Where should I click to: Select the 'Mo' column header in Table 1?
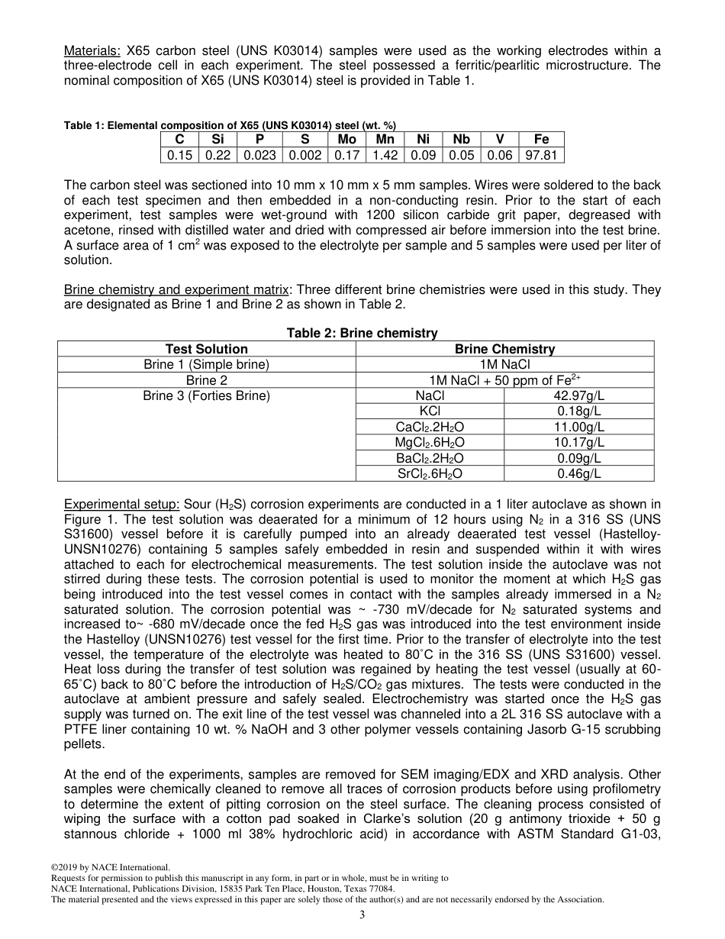(346, 139)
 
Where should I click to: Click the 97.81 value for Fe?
(541, 155)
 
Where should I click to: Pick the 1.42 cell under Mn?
(385, 155)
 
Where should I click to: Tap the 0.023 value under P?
(259, 155)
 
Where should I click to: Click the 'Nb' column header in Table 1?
(461, 139)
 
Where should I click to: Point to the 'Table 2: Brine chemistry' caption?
(362, 333)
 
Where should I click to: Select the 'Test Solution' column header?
(206, 349)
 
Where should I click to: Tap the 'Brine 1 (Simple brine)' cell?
(206, 365)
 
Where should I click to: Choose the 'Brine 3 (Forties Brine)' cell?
(206, 396)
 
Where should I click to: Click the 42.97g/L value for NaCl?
(578, 396)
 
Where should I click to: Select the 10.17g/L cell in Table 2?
(578, 443)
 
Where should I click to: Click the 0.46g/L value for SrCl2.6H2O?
(578, 474)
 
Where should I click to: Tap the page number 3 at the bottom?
(362, 916)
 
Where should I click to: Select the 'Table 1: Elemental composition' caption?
(229, 125)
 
